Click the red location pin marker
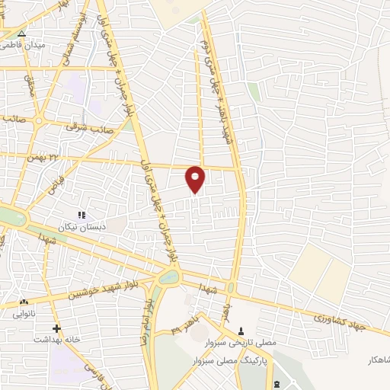(196, 179)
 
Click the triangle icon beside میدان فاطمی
(21, 34)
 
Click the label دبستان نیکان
(80, 227)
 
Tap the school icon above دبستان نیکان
(82, 216)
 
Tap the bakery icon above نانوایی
(24, 302)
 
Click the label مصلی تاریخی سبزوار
(241, 342)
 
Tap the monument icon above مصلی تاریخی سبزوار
(241, 331)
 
